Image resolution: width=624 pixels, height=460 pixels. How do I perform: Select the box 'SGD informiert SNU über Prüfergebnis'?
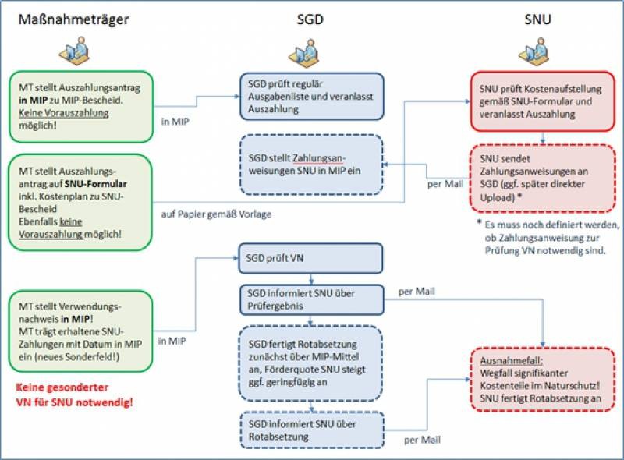pos(311,296)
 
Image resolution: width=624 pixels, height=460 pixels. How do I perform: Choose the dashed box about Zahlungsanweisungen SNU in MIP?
pos(311,165)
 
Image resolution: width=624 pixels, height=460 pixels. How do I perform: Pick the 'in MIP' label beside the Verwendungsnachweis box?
pos(173,341)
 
